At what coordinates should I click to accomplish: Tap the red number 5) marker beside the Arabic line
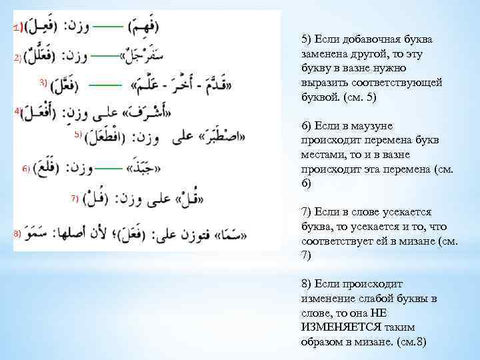point(78,135)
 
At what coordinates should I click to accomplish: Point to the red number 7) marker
point(75,197)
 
